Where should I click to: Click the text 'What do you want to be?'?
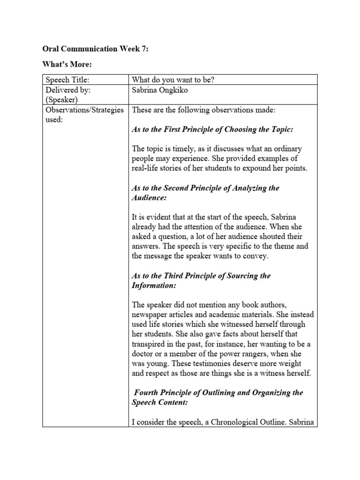[173, 80]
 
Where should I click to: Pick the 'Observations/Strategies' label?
[84, 110]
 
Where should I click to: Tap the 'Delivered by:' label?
[66, 89]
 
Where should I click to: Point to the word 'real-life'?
[147, 168]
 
